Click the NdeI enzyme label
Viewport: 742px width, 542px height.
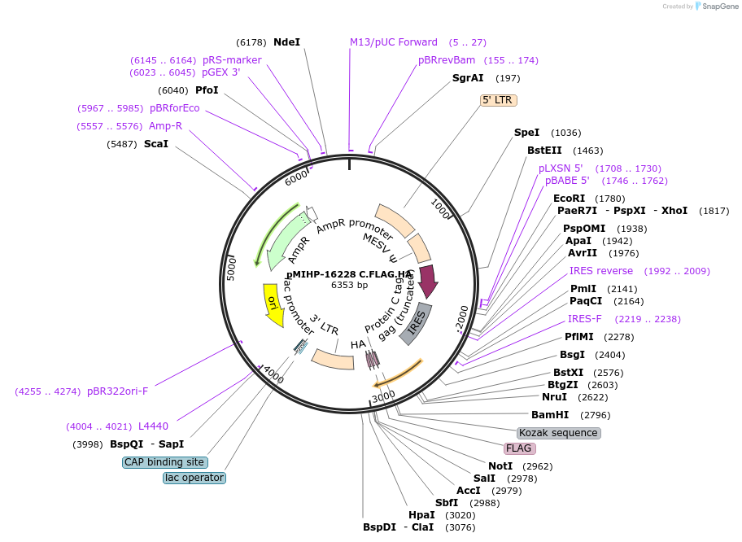click(x=286, y=42)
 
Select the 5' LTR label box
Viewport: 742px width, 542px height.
click(x=499, y=100)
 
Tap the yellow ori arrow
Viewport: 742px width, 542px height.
click(x=273, y=304)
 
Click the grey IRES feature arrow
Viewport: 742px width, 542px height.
click(x=416, y=324)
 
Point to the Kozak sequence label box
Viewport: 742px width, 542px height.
click(x=559, y=433)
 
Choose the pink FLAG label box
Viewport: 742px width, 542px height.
click(x=518, y=448)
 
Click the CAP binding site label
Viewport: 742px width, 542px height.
click(x=164, y=462)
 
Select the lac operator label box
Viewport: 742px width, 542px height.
click(x=194, y=478)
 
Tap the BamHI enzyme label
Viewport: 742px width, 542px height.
click(x=549, y=415)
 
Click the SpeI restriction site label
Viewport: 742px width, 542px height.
click(x=526, y=133)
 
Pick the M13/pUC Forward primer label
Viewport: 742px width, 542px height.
click(x=394, y=42)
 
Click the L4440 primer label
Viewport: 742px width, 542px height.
click(x=153, y=426)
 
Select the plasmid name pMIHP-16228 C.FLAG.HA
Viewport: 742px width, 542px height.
click(x=349, y=275)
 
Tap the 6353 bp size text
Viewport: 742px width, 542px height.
click(x=349, y=286)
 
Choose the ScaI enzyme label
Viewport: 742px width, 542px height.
click(x=155, y=144)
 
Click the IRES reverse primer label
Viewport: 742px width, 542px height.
click(x=600, y=271)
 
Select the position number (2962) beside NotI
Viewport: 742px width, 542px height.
click(x=537, y=466)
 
